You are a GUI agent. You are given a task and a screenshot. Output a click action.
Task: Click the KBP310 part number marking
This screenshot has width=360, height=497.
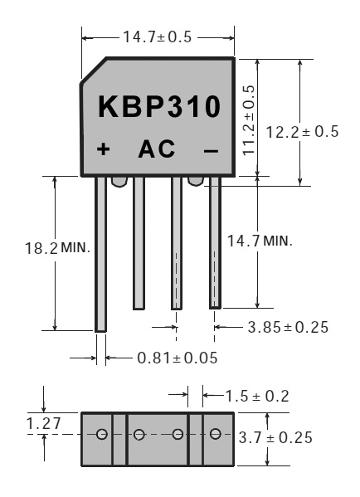coord(159,106)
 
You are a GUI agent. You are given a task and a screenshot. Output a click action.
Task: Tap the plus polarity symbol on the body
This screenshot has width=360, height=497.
coord(104,149)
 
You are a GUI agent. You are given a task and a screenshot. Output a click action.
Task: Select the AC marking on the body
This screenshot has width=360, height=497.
coord(157,149)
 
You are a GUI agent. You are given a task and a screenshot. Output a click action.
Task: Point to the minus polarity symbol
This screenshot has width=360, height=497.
coord(211,151)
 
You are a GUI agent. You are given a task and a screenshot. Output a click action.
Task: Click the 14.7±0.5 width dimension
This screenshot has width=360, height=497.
coord(157,37)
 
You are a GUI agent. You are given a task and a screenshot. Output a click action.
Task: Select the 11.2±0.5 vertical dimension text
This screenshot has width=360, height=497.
coord(249,120)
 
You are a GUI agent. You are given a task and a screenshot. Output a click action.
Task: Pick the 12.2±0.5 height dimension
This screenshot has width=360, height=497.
coord(302,132)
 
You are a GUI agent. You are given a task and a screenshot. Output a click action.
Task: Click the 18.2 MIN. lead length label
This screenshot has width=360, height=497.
coord(57,247)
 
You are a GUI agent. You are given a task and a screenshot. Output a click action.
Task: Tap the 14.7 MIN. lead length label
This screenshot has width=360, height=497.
coord(260,241)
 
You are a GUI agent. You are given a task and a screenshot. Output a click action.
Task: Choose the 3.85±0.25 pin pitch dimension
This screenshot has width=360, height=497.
coord(288,327)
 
